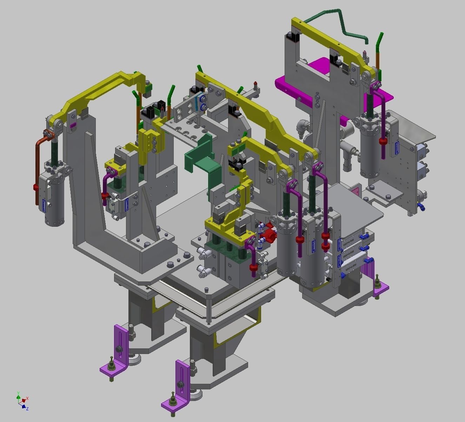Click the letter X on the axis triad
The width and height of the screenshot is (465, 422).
27,399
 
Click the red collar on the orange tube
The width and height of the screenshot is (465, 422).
35,187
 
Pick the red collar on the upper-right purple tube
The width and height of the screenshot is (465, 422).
382,141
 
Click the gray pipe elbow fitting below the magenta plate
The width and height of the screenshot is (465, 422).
302,128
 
